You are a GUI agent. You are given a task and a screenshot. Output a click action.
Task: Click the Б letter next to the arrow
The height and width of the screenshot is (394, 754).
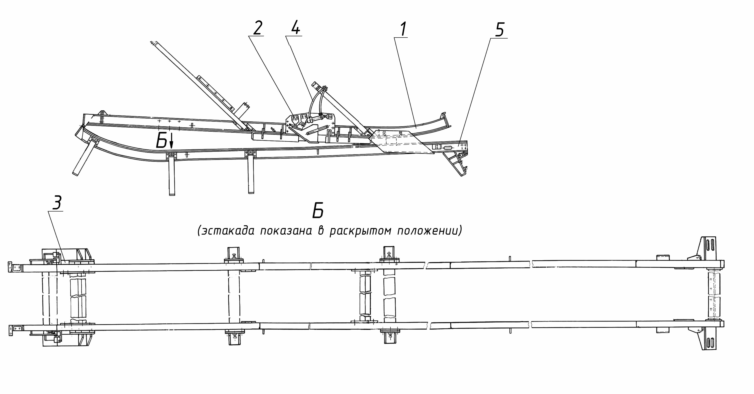(x=161, y=140)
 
